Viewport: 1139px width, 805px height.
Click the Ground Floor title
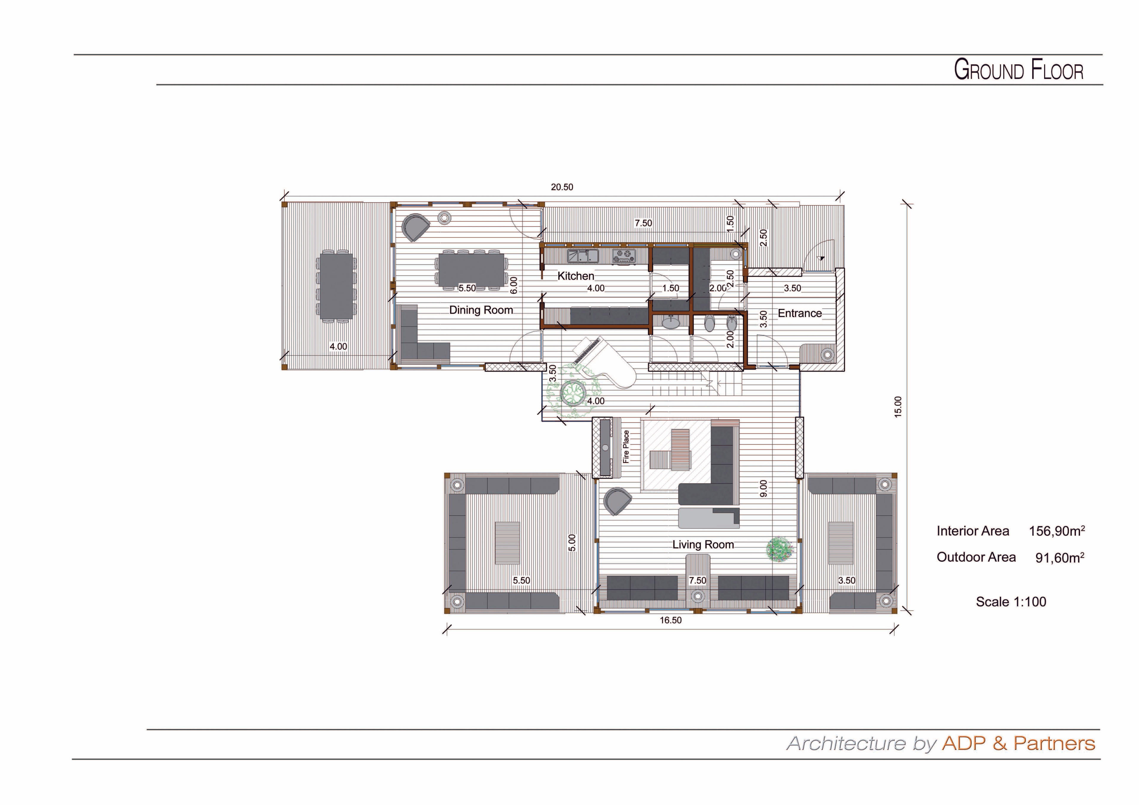point(1019,70)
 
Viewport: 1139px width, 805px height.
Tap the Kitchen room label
point(575,276)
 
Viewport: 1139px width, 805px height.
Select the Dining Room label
point(481,310)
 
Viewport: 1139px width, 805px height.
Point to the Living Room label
point(703,545)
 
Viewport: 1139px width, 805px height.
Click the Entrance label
point(800,313)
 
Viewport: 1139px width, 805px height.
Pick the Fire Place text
point(626,447)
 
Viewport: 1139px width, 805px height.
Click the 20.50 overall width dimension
point(562,187)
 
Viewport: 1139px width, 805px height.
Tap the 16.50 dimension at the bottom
point(671,620)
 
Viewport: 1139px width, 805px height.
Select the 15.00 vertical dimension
point(898,407)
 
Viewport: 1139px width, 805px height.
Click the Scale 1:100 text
point(1011,602)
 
